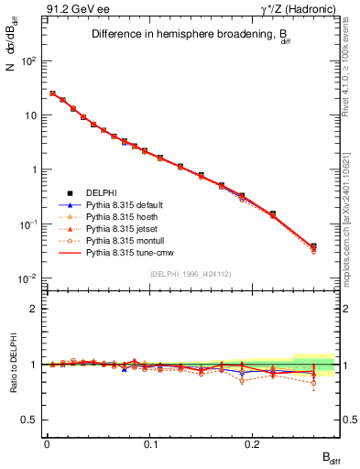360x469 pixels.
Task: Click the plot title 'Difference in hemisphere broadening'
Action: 188,36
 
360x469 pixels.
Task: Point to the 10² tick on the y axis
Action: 29,61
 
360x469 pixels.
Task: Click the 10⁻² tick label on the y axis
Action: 28,278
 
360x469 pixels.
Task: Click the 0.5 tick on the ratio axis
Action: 30,420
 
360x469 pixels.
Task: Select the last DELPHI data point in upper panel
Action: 313,245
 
